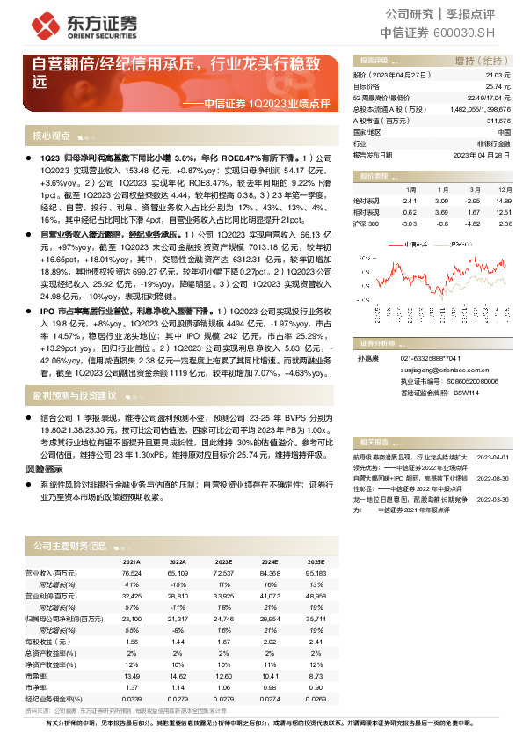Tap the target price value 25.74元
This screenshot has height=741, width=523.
(498, 87)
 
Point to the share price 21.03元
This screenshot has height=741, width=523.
(498, 77)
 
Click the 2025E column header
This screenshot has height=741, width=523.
(315, 561)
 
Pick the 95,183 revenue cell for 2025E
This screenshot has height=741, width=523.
(315, 574)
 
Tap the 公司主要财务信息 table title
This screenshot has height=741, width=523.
(69, 547)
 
